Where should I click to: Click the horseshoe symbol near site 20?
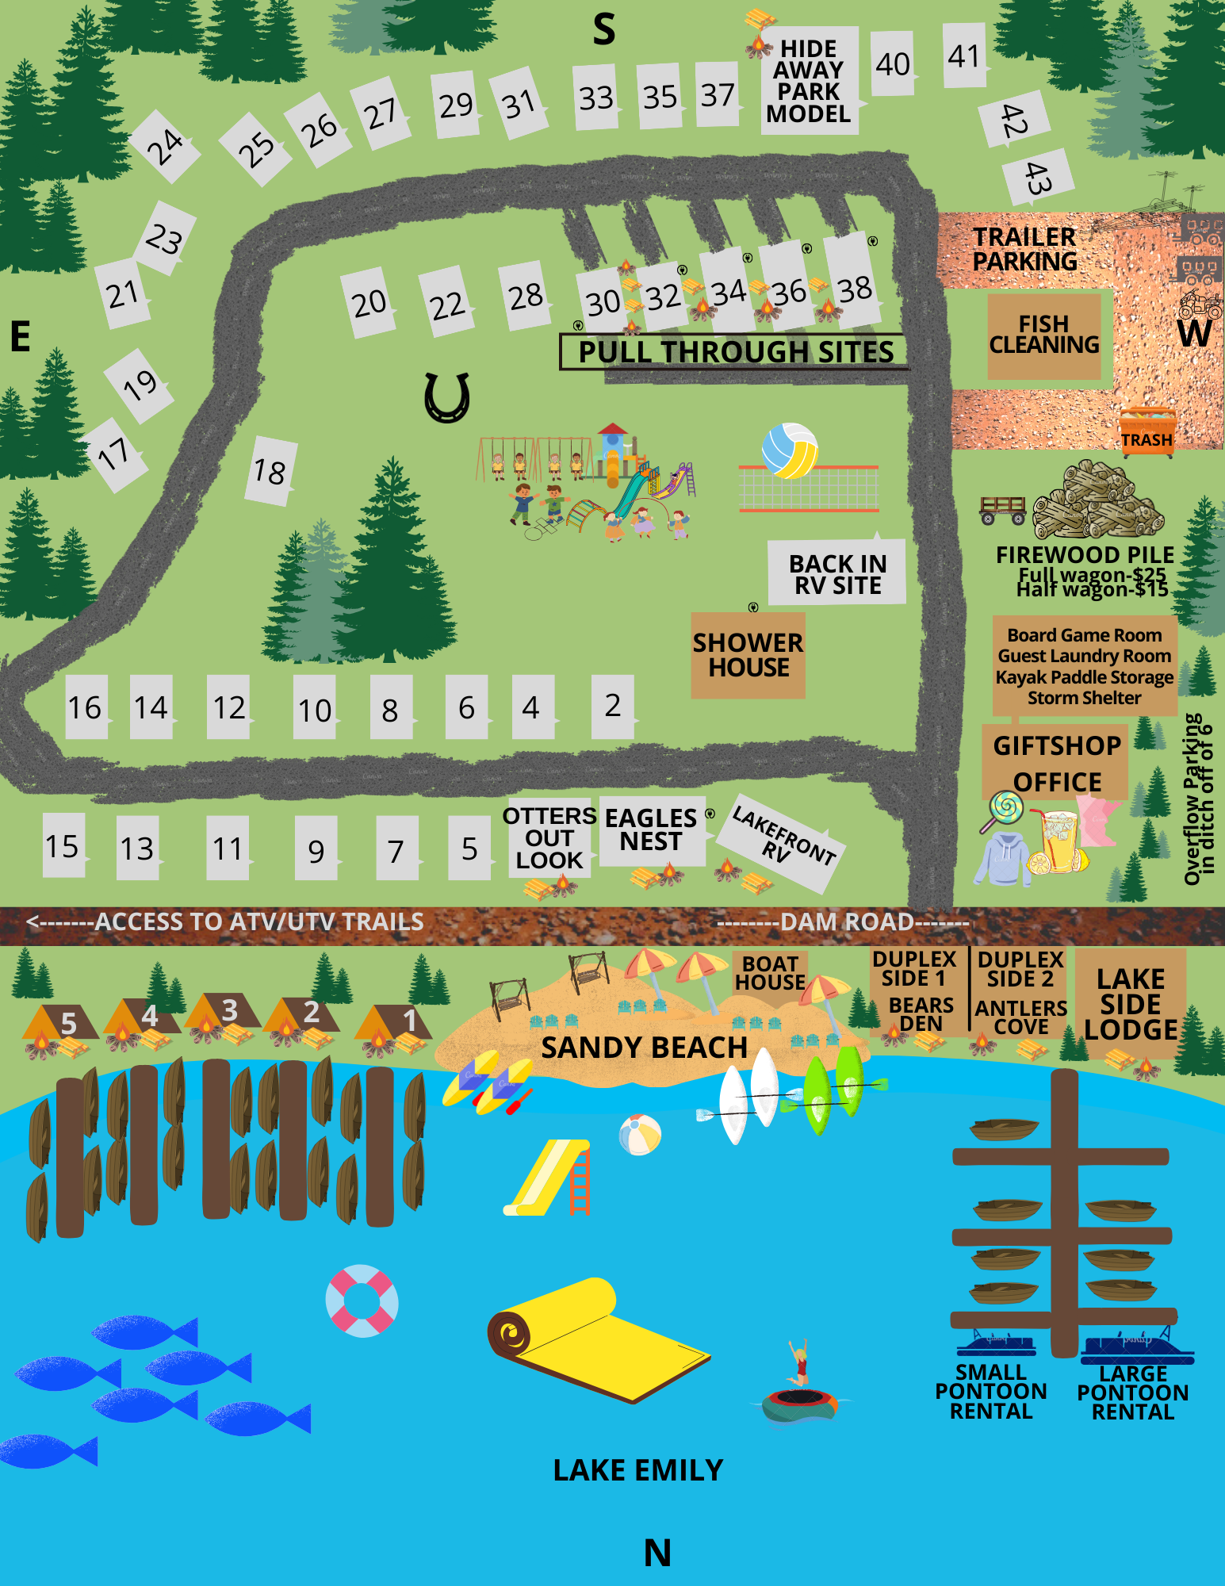click(x=447, y=397)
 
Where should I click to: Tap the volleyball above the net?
click(x=790, y=450)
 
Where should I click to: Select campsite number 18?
click(x=270, y=472)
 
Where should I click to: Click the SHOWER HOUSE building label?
click(x=748, y=655)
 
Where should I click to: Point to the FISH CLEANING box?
click(x=1044, y=335)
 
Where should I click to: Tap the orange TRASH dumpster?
click(x=1147, y=432)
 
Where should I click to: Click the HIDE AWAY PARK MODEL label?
click(x=809, y=81)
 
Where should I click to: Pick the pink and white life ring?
click(x=362, y=1301)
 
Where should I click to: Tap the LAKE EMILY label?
click(x=638, y=1470)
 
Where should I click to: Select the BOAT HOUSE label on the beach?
click(x=770, y=973)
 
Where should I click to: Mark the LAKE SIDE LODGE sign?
click(x=1131, y=1004)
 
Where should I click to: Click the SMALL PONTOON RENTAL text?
click(x=991, y=1392)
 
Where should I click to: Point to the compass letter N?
click(x=657, y=1553)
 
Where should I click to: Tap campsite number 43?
click(x=1038, y=178)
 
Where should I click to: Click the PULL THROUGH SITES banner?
click(x=735, y=351)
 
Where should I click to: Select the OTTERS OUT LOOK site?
click(x=549, y=837)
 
